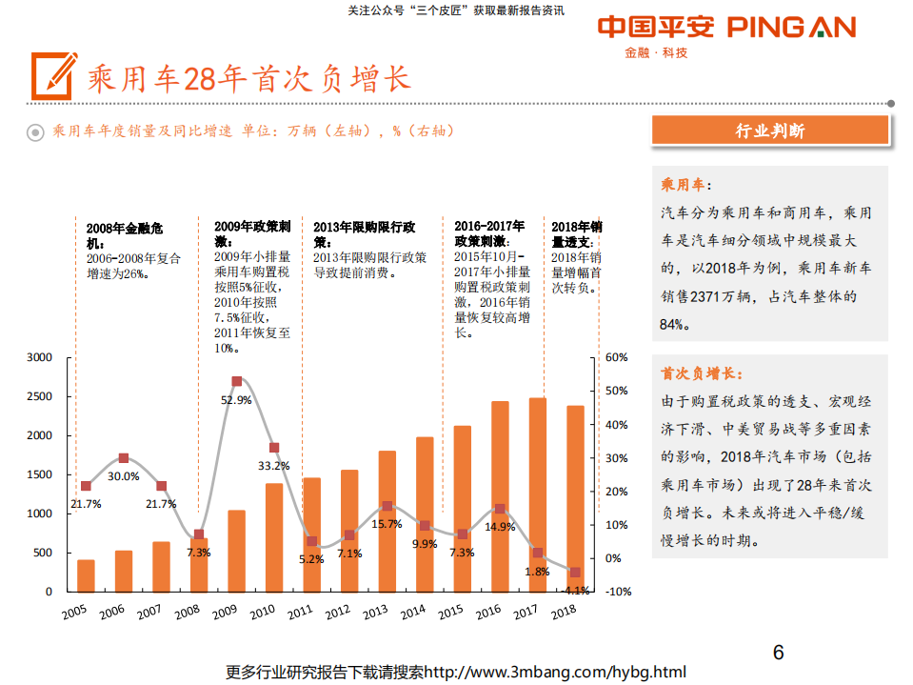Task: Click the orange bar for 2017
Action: click(x=537, y=495)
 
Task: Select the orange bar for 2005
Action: click(x=86, y=575)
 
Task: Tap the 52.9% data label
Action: click(x=236, y=400)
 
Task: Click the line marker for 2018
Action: click(x=574, y=573)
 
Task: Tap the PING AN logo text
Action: click(x=791, y=28)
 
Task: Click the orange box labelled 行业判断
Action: click(x=770, y=131)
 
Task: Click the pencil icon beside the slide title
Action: click(x=53, y=75)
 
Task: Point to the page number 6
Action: click(x=778, y=653)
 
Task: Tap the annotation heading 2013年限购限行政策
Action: click(x=364, y=234)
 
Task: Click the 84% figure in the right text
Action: click(x=672, y=324)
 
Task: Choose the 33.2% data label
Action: click(x=274, y=466)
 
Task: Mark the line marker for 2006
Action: click(x=124, y=458)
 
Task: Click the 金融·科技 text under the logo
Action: click(x=656, y=52)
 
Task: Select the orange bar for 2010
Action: click(x=274, y=537)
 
